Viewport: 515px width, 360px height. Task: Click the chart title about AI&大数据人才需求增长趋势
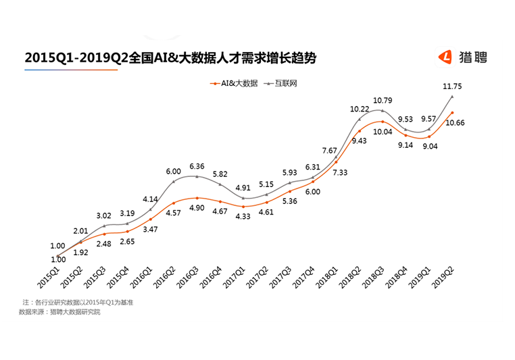[170, 58]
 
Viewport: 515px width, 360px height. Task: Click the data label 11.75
[451, 86]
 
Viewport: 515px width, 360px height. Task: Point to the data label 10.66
[453, 123]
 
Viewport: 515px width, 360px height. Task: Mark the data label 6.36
[198, 165]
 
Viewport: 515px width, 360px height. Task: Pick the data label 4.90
[197, 207]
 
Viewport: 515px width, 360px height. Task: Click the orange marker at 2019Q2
[452, 113]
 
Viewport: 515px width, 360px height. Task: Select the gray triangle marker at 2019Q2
[452, 97]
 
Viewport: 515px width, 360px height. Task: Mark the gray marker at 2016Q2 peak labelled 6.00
[174, 181]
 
